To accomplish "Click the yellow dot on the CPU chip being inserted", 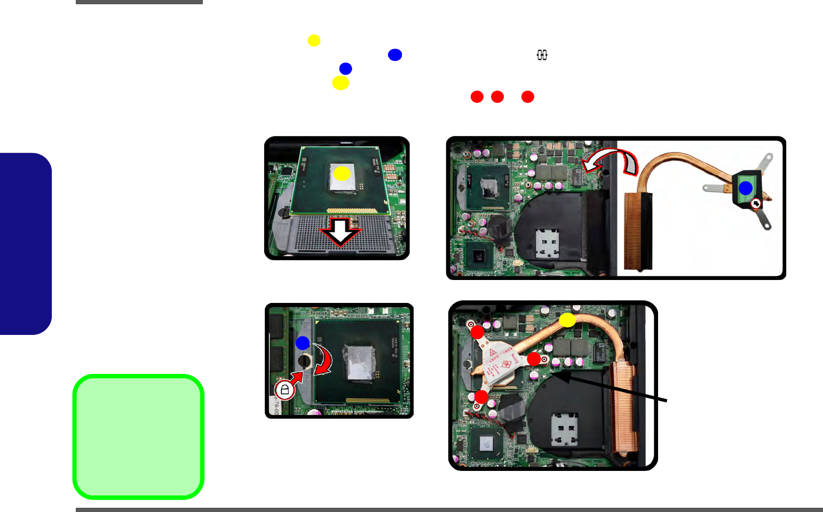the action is tap(342, 173).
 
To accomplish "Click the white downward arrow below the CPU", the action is tap(340, 230).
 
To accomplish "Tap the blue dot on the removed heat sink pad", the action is tap(745, 188).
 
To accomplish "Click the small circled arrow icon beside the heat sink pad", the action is tap(755, 204).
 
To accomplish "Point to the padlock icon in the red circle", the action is tap(284, 390).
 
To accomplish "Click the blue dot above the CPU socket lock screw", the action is tap(303, 342).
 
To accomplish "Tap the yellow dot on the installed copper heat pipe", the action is tap(567, 320).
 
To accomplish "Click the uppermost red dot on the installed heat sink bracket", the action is tap(477, 332).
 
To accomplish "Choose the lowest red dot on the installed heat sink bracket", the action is tap(481, 397).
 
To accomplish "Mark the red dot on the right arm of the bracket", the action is tap(533, 359).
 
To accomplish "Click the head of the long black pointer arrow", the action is tap(557, 375).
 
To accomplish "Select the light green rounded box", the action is tap(138, 437).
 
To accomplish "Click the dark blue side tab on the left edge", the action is tap(25, 244).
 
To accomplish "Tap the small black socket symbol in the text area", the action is tap(542, 55).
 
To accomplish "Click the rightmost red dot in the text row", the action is tap(527, 97).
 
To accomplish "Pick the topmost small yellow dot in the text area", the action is tap(314, 41).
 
